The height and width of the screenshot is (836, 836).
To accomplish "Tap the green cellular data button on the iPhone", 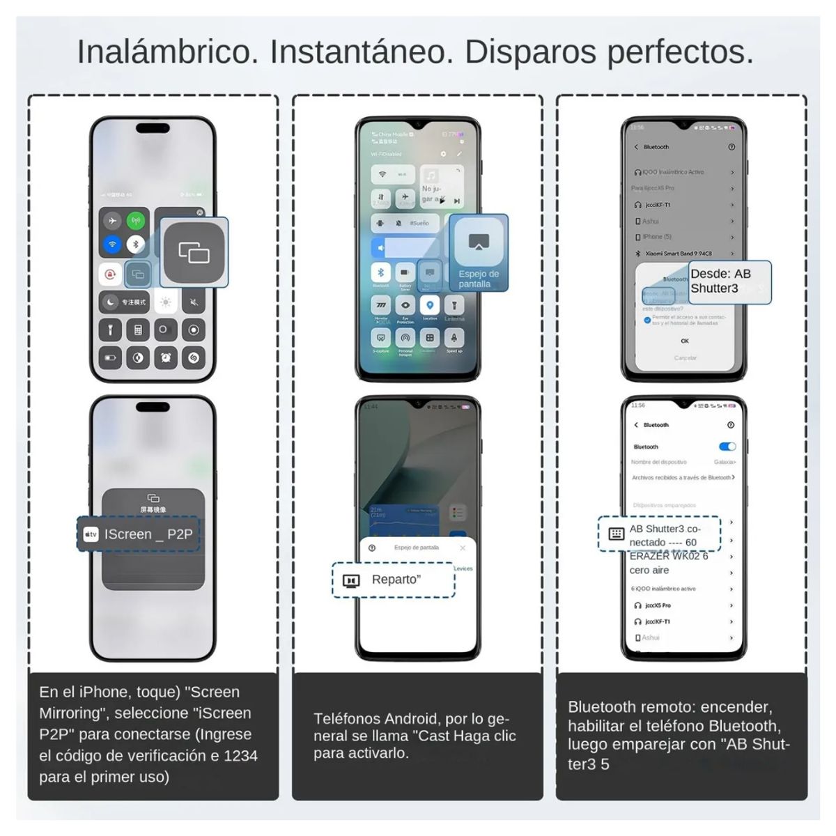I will pos(136,221).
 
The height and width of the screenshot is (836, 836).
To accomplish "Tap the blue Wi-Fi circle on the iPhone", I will pos(111,245).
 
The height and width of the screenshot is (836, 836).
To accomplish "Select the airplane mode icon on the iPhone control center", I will pos(111,221).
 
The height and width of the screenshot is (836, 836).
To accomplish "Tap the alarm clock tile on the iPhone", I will pos(166,357).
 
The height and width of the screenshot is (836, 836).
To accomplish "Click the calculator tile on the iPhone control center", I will pos(138,330).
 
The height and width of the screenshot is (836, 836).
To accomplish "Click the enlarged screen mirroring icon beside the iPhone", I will pos(194,252).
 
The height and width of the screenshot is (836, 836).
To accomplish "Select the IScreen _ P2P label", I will pos(148,534).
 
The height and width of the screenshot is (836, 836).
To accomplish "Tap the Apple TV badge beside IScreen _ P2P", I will pos(91,534).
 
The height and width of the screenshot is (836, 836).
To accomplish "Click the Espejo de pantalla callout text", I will pos(479,279).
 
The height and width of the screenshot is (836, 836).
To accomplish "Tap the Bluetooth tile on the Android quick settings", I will pos(380,272).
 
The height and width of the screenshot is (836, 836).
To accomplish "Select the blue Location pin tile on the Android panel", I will pos(430,305).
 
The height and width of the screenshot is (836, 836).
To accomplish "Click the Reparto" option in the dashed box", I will pos(396,580).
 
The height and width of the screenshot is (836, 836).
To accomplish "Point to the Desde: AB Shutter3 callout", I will pos(729,281).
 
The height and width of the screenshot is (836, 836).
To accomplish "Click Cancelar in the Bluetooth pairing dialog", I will pos(685,358).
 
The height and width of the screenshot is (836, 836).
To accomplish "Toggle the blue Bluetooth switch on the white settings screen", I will pos(727,447).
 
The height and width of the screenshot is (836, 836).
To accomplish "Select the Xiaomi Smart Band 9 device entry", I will pos(678,254).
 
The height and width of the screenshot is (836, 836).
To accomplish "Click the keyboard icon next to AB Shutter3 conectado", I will pos(617,534).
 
